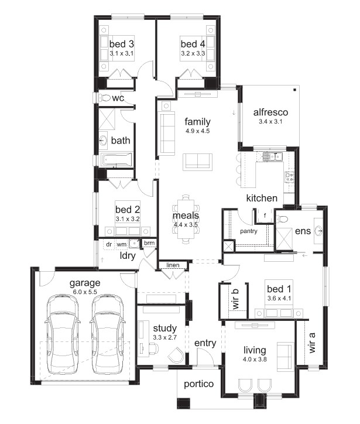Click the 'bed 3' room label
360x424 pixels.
122,44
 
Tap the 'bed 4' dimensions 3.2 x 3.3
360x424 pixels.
193,53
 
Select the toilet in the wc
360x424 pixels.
105,98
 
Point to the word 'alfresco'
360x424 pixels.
270,112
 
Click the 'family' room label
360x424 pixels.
198,122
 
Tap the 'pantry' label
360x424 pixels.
249,231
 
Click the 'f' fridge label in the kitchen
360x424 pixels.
265,216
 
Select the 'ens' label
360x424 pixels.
303,231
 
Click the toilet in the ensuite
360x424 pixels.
282,218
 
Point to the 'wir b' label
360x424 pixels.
236,299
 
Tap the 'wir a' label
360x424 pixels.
311,343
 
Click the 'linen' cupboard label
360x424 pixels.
173,265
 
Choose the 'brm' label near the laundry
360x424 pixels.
149,243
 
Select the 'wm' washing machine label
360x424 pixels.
122,244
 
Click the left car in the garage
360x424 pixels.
63,334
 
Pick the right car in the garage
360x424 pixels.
108,334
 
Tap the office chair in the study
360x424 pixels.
153,348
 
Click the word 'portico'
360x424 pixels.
198,384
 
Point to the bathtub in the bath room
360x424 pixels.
116,159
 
